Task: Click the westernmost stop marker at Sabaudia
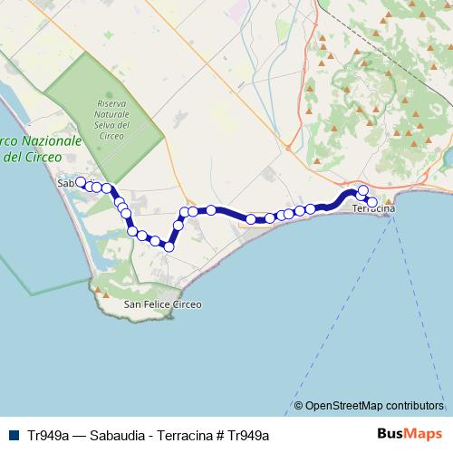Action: (80, 182)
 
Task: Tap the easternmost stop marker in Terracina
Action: (371, 202)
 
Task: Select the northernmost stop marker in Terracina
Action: (363, 190)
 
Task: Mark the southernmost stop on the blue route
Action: (169, 246)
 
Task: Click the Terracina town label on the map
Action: (372, 209)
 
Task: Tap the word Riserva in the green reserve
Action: (112, 106)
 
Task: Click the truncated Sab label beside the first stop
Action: (65, 183)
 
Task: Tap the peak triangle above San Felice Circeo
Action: (106, 294)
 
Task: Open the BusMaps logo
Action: (412, 434)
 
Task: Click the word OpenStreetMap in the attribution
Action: (345, 406)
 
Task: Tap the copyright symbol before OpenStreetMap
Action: (298, 406)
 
